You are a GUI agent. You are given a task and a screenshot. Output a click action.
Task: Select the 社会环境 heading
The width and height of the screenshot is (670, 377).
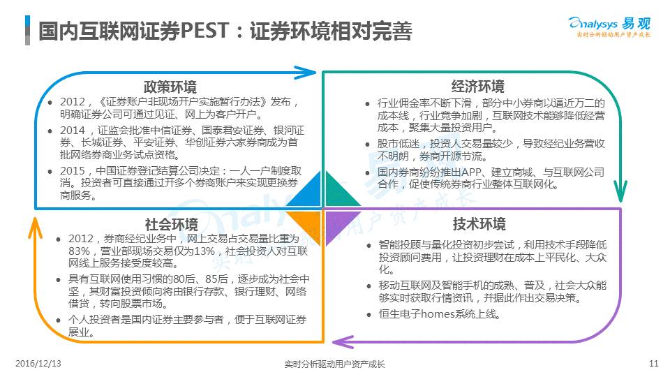[171, 225]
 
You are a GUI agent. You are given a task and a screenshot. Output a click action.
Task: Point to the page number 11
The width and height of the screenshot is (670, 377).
[653, 363]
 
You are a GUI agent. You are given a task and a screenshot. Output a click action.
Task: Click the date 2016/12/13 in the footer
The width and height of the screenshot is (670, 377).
[38, 363]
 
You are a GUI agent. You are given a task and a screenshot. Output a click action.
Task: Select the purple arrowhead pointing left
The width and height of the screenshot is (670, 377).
[342, 341]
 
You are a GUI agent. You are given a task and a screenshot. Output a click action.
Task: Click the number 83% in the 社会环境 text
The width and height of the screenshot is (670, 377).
[74, 251]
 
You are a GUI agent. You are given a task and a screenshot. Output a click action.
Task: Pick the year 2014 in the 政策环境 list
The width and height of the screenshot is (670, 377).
[75, 131]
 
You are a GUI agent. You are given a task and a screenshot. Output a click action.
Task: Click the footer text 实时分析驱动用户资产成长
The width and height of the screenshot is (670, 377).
[335, 364]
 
